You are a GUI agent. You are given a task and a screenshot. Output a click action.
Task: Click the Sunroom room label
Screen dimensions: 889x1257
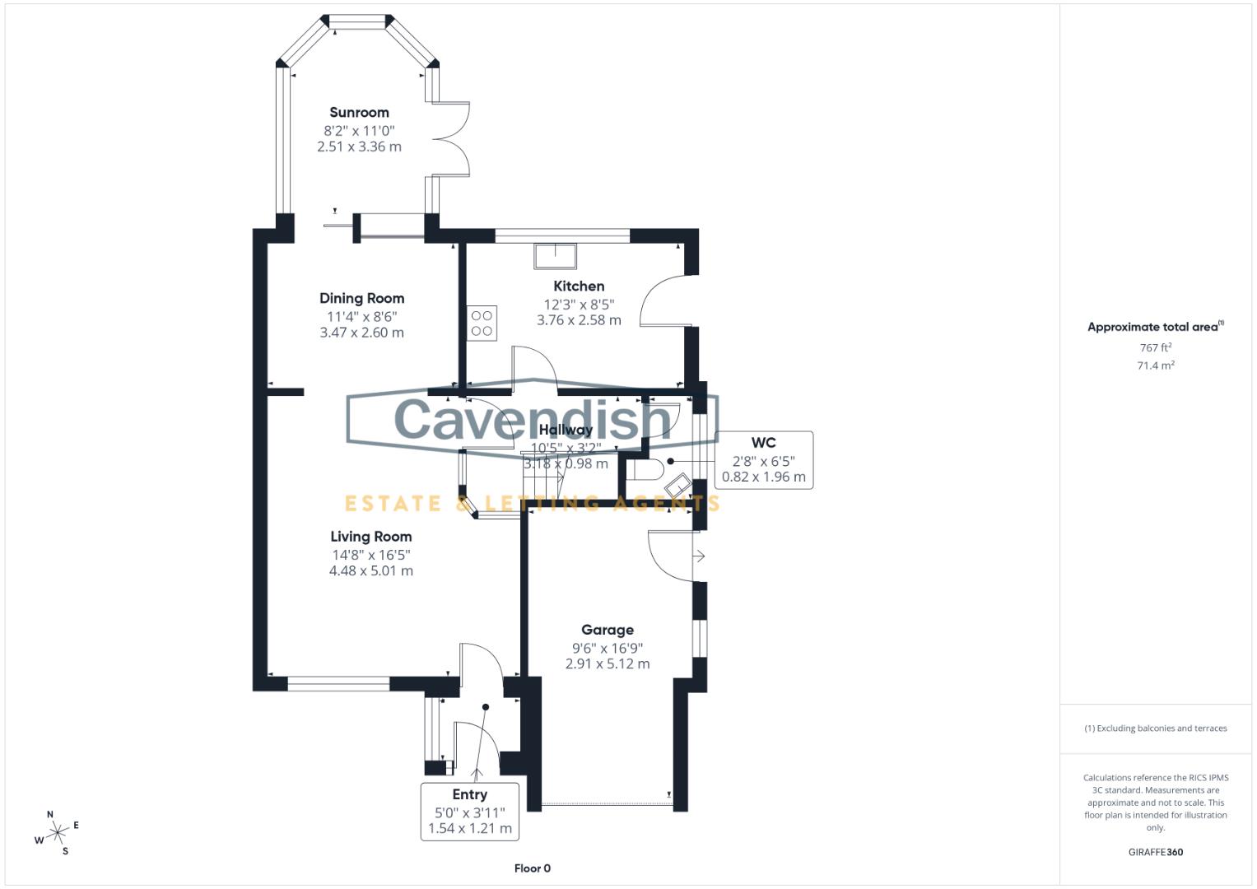tap(359, 113)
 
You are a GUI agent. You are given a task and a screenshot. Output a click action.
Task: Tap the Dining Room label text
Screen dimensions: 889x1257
tap(361, 299)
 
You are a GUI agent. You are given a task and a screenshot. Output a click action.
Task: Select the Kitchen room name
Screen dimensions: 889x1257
tap(579, 286)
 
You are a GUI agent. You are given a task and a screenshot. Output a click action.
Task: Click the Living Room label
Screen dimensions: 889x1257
tap(370, 537)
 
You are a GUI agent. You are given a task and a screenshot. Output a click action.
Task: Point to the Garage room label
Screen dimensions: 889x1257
tap(607, 631)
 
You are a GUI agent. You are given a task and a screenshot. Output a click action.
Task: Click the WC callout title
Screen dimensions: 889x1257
tap(763, 443)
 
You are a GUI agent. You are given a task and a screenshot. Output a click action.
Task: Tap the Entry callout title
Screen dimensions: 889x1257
tap(469, 795)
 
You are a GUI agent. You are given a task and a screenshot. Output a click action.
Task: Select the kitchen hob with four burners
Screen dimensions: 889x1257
tap(482, 323)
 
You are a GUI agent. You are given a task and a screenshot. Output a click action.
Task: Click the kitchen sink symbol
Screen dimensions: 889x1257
tap(556, 256)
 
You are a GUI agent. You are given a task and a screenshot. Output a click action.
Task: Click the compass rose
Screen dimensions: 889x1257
tap(57, 833)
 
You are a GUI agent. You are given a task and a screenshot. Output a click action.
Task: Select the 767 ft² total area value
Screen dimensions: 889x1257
tap(1155, 348)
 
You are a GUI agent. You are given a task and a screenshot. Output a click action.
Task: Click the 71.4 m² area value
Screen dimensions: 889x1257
tap(1155, 366)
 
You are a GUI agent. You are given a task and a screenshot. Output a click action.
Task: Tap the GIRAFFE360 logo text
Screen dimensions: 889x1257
tap(1155, 852)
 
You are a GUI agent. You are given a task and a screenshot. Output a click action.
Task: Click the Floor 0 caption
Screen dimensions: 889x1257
tap(532, 868)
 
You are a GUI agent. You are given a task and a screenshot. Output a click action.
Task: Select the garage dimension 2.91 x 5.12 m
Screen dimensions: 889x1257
tap(607, 664)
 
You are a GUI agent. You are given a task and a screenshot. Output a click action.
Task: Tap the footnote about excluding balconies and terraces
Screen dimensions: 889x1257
tap(1155, 728)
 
